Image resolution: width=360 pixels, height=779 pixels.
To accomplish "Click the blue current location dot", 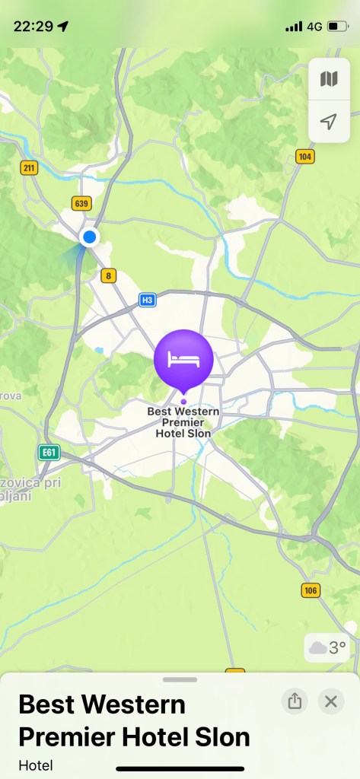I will point(90,237).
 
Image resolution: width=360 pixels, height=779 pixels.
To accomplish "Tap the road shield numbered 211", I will point(29,168).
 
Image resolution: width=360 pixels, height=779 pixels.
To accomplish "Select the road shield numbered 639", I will point(81,203).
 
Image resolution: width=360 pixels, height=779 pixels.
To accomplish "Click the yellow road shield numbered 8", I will point(109,275).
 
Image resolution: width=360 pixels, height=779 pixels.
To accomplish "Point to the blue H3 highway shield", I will point(148,300).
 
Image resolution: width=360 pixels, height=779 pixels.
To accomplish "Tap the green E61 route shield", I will point(49,453).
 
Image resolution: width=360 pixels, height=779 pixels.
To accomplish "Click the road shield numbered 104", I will point(305,157).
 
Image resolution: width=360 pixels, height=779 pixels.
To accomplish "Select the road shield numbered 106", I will point(311,590).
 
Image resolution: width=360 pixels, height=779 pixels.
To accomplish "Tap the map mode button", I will point(329,79).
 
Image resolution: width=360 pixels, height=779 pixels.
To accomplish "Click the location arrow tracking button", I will point(329,122).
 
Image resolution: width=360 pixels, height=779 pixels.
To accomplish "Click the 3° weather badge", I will point(327,648).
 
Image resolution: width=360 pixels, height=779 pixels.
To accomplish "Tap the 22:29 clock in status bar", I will point(33,26).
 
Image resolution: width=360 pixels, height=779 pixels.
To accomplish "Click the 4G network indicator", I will point(314,26).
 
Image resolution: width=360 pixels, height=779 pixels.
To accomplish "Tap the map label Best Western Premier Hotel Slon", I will point(183,422).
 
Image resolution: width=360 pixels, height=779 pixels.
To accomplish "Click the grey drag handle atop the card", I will point(180,679).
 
